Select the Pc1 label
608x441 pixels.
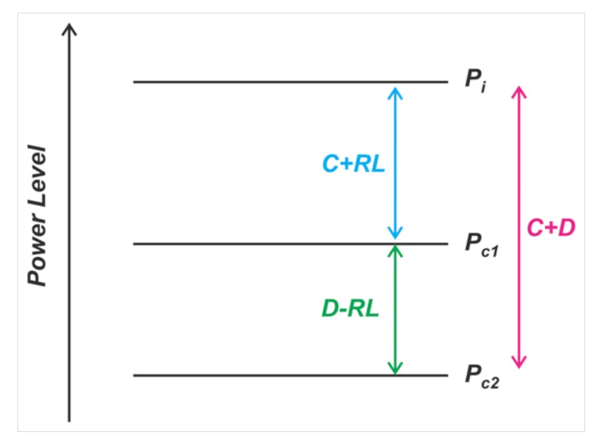coord(481,244)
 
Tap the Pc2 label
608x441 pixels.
coord(482,375)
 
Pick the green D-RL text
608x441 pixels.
coord(350,309)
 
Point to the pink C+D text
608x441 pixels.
coord(551,228)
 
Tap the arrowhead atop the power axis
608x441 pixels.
coord(69,28)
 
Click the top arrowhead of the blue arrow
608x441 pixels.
coord(395,91)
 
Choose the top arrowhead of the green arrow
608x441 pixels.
coord(395,249)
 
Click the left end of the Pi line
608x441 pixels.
coord(135,82)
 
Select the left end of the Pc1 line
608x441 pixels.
coord(135,244)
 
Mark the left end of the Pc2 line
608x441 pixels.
coord(135,375)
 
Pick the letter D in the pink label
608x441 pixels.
coord(567,228)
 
